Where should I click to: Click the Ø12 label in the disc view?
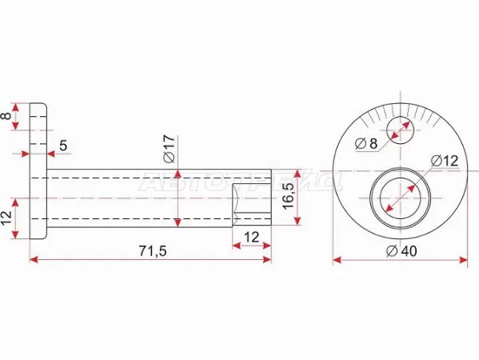click(444, 160)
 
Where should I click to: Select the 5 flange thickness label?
click(63, 146)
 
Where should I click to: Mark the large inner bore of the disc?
click(399, 194)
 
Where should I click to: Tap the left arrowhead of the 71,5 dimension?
click(34, 260)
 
